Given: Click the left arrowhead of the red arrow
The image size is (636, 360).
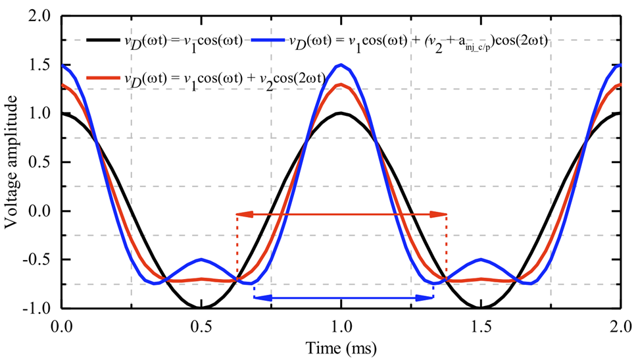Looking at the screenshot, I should click(x=240, y=214).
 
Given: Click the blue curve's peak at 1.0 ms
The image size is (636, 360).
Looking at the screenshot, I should click(x=341, y=64).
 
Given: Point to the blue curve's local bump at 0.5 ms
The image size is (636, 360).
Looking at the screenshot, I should click(x=201, y=259).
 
